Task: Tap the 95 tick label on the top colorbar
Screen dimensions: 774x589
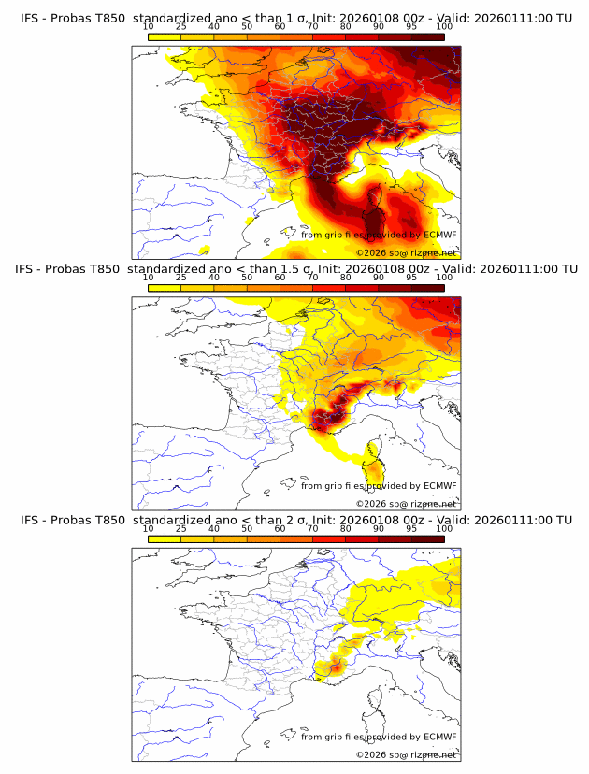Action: click(x=411, y=27)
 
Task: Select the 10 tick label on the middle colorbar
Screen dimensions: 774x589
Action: click(x=149, y=278)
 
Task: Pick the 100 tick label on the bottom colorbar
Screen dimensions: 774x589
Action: click(x=444, y=528)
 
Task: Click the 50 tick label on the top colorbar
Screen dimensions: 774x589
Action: click(x=247, y=27)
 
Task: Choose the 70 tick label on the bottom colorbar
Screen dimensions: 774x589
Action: click(x=312, y=528)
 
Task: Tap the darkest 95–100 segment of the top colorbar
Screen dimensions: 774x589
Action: click(x=428, y=36)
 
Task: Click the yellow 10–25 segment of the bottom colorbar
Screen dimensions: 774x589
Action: click(x=165, y=538)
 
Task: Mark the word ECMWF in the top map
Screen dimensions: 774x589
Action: click(x=439, y=235)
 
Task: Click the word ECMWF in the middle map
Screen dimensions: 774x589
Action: click(x=439, y=485)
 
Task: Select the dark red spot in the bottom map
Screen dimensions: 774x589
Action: click(x=335, y=666)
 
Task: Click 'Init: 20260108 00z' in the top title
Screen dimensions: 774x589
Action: click(x=394, y=19)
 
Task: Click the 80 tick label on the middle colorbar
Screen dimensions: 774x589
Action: click(x=346, y=278)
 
